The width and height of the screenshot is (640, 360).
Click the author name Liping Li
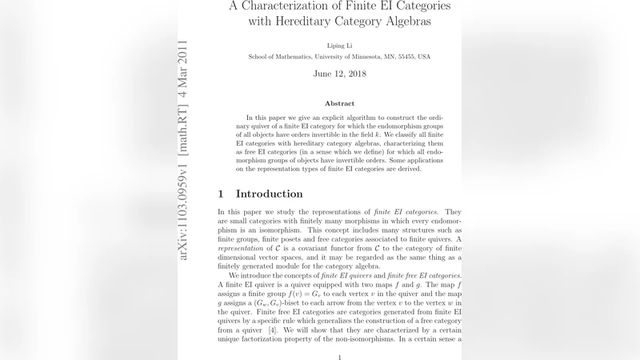pos(339,45)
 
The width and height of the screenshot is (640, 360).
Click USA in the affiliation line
pos(423,57)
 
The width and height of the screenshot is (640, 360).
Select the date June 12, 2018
pos(339,74)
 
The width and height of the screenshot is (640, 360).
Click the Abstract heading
pos(339,103)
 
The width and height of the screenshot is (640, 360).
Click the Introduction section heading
pos(270,194)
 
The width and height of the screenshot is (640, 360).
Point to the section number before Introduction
pos(221,194)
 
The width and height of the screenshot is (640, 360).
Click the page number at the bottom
pos(339,357)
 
